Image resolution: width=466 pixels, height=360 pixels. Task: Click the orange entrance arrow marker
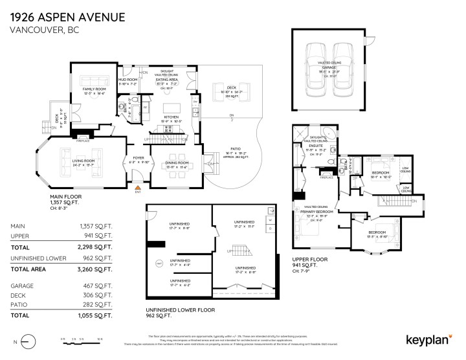pyautogui.click(x=137, y=186)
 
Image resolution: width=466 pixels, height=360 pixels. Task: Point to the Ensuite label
pyautogui.click(x=316, y=146)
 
